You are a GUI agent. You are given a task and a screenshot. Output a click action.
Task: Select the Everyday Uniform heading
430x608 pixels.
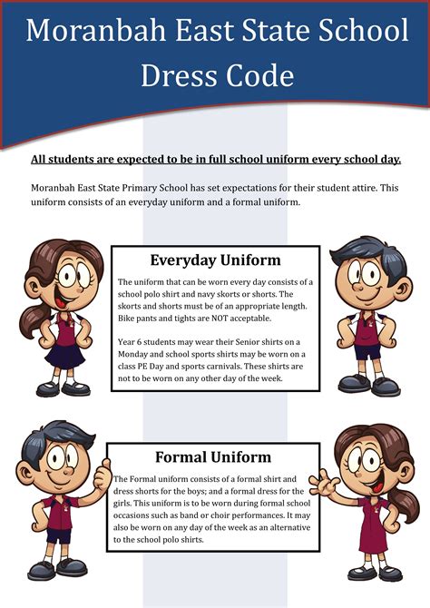pos(215,260)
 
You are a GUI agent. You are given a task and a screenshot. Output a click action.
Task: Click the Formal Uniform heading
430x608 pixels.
pos(213,456)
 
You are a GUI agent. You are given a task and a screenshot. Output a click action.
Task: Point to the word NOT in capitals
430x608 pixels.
pos(211,319)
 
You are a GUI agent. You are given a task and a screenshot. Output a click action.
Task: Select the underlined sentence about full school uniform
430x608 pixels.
pos(215,160)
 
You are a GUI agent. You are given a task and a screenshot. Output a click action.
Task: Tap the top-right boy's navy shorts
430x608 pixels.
pos(367,350)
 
